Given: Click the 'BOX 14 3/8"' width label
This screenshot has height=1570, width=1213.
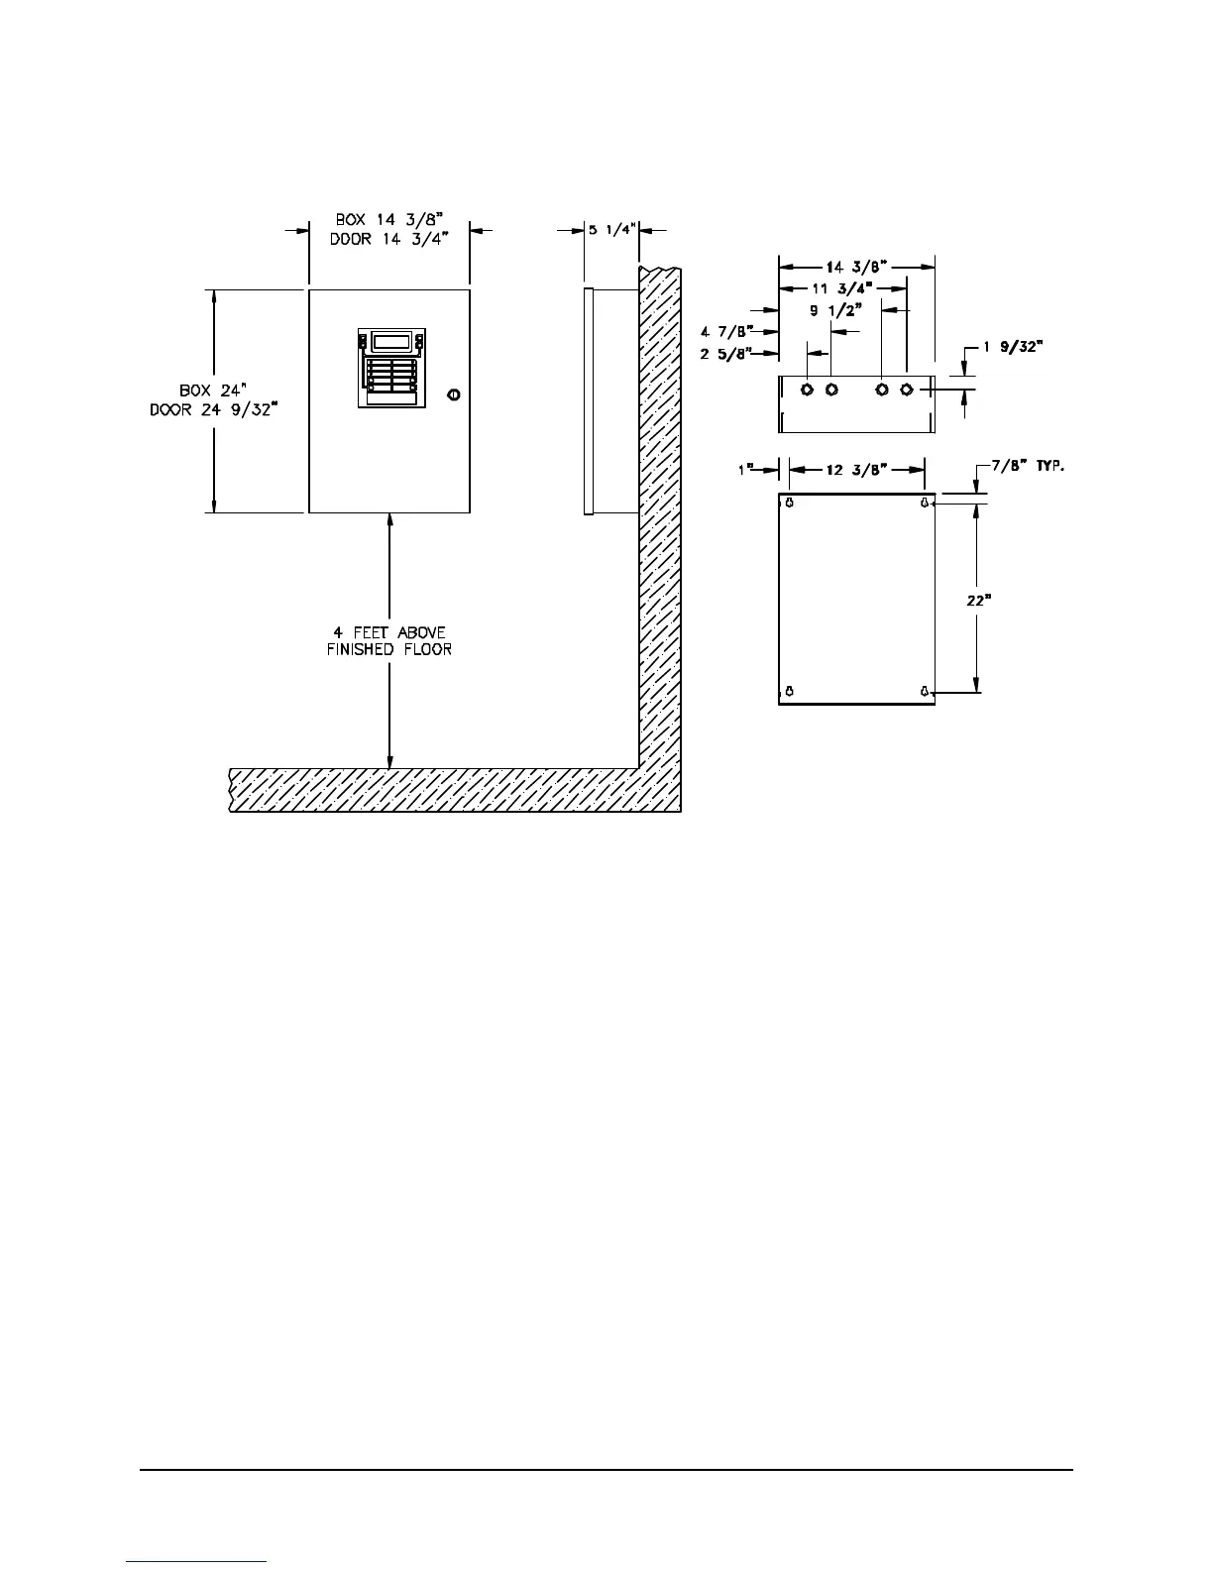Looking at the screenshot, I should coord(387,219).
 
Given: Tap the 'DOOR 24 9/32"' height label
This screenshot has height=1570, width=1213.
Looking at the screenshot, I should coord(212,409).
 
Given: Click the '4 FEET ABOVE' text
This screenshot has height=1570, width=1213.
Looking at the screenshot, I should coord(388,632).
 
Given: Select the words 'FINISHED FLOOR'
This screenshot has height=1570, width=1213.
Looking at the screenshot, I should coord(388,650).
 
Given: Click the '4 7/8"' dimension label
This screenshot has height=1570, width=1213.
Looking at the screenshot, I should coord(726,330).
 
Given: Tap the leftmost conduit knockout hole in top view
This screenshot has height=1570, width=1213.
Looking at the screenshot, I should coord(808,389).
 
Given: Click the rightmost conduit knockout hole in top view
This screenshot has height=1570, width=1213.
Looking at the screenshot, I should coord(906,389).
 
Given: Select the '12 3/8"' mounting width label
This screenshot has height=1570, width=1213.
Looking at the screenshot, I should coord(856,470).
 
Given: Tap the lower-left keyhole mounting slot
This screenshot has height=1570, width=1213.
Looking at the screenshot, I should coord(789,690).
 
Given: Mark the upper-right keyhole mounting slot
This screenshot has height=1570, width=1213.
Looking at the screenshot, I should coord(924,504).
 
